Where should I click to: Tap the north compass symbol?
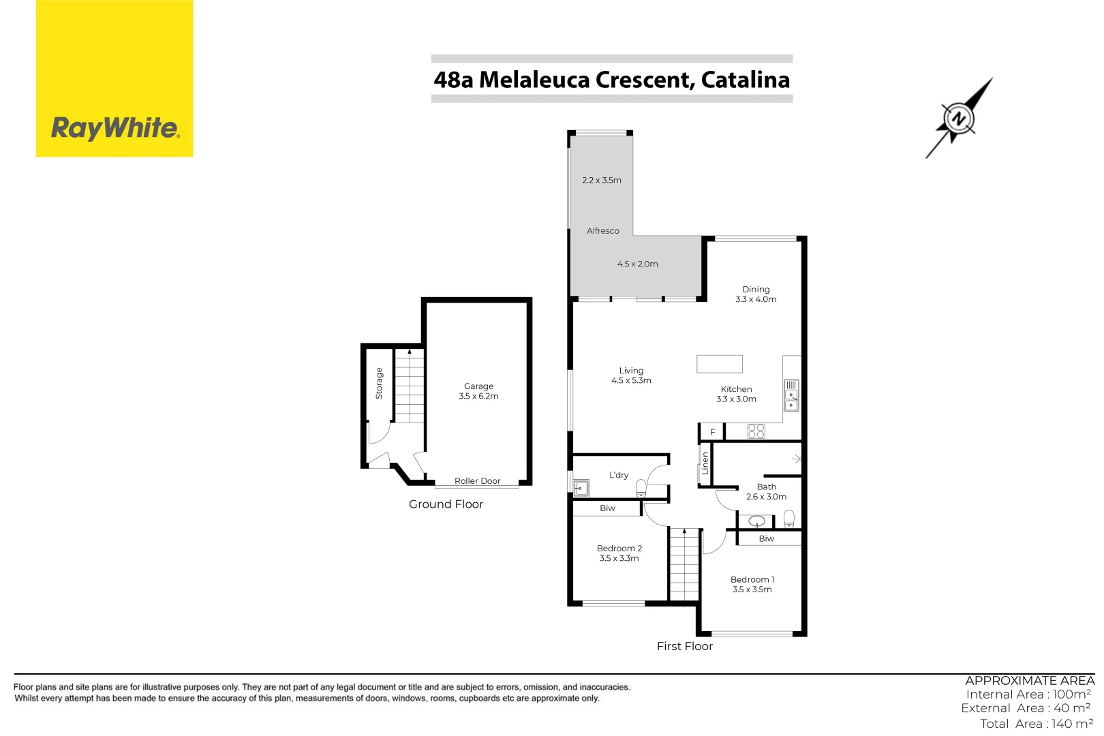pyautogui.click(x=959, y=119)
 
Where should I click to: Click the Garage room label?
pyautogui.click(x=478, y=386)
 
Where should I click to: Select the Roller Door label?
pyautogui.click(x=477, y=481)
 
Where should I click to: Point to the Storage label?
pyautogui.click(x=380, y=383)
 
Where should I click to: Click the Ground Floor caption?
pyautogui.click(x=446, y=504)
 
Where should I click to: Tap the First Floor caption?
pyautogui.click(x=684, y=646)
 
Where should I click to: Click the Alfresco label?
pyautogui.click(x=602, y=231)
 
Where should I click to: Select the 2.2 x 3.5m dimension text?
pyautogui.click(x=602, y=181)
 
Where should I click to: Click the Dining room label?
pyautogui.click(x=756, y=290)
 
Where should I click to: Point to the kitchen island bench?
pyautogui.click(x=719, y=364)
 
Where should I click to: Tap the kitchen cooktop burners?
pyautogui.click(x=756, y=431)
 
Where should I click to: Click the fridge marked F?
pyautogui.click(x=712, y=432)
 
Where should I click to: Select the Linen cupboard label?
pyautogui.click(x=705, y=463)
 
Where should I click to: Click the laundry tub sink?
pyautogui.click(x=581, y=488)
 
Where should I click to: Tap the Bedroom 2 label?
pyautogui.click(x=619, y=549)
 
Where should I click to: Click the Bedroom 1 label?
pyautogui.click(x=752, y=580)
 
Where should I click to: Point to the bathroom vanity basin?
pyautogui.click(x=756, y=522)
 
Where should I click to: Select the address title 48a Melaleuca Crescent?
pyautogui.click(x=611, y=80)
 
